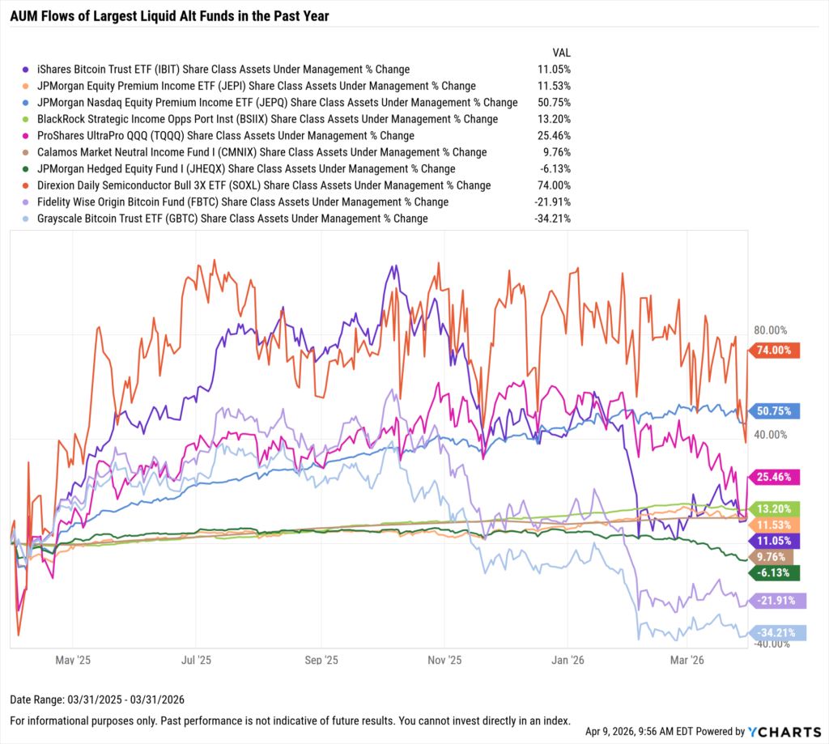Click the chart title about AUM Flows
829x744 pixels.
[169, 15]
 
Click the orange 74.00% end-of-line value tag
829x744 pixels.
[775, 350]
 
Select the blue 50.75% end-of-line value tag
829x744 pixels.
[775, 410]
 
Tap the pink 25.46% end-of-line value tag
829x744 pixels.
[775, 477]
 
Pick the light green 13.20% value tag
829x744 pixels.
[775, 508]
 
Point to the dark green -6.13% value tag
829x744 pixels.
[775, 573]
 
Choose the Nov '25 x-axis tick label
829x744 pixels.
[444, 661]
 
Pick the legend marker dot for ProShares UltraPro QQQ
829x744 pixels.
[29, 136]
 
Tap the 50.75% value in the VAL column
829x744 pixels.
[554, 102]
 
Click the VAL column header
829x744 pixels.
[561, 52]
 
